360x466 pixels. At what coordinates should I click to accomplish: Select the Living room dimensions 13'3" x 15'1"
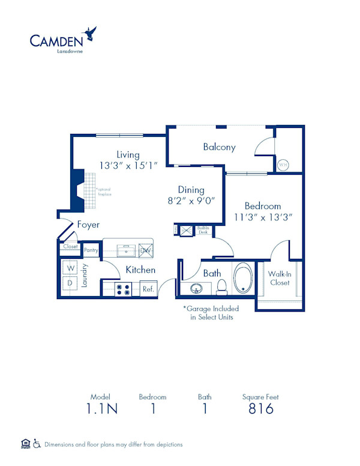click(x=128, y=165)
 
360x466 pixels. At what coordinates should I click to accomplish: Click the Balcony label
click(x=219, y=147)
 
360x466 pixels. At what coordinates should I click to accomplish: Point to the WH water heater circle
click(x=283, y=164)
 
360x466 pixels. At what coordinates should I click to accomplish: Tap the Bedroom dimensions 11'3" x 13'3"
click(x=263, y=217)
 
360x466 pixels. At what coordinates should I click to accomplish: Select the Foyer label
click(x=88, y=225)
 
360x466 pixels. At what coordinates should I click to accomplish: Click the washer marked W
click(x=70, y=267)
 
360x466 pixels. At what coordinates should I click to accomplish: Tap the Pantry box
click(x=91, y=250)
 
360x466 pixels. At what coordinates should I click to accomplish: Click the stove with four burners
click(x=124, y=289)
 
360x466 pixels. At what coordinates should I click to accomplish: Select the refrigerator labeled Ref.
click(x=148, y=289)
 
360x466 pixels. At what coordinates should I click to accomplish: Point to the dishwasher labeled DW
click(x=146, y=249)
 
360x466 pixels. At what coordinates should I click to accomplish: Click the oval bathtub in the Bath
click(x=244, y=278)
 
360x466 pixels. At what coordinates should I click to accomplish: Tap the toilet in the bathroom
click(x=221, y=286)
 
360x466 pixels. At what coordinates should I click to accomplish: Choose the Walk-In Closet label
click(x=279, y=278)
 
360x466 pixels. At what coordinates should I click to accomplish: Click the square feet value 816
click(x=260, y=409)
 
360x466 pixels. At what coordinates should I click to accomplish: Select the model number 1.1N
click(x=97, y=409)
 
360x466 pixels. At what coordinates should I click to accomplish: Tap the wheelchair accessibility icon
click(x=37, y=444)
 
